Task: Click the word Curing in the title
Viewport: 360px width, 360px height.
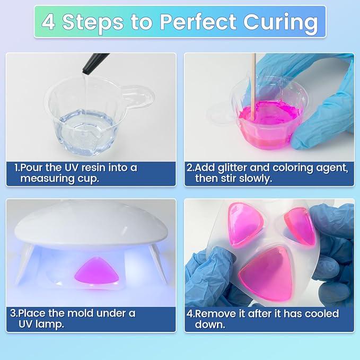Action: [281, 22]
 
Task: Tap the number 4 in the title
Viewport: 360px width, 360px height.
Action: [48, 22]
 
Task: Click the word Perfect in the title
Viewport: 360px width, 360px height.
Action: [198, 22]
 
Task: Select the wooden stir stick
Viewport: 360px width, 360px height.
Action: [253, 87]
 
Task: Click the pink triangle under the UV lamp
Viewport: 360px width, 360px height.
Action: [97, 271]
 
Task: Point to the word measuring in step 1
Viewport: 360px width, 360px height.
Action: [47, 179]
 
